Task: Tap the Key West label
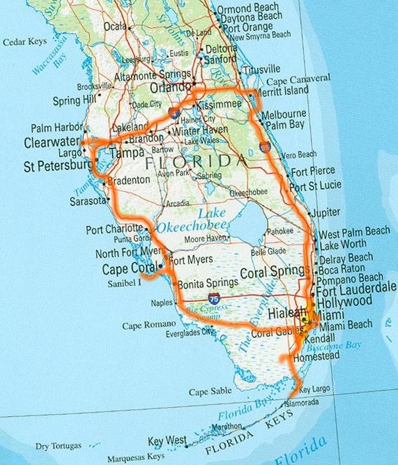pos(167,440)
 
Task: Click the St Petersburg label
pos(55,167)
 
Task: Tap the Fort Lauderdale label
pos(356,288)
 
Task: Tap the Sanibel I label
pos(124,282)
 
